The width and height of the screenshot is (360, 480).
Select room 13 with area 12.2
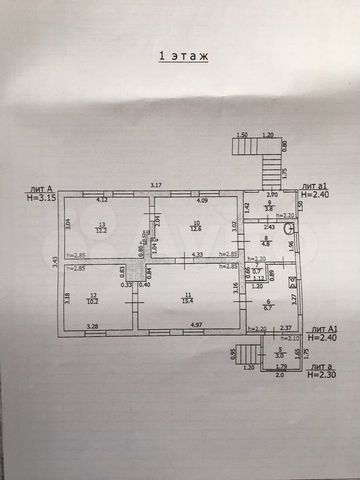(101, 228)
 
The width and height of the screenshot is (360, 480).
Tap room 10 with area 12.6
(196, 226)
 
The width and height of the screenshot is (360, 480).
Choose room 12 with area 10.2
(92, 297)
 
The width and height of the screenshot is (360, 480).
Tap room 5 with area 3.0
(280, 352)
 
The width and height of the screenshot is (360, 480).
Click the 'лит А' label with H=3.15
(42, 191)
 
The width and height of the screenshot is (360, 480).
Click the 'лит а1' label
(315, 187)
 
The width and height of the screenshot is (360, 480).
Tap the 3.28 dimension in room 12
(93, 325)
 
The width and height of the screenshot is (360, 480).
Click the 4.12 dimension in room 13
(102, 201)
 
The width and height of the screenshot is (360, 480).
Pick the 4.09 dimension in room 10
(203, 201)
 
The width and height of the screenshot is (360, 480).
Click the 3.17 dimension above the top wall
(155, 186)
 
